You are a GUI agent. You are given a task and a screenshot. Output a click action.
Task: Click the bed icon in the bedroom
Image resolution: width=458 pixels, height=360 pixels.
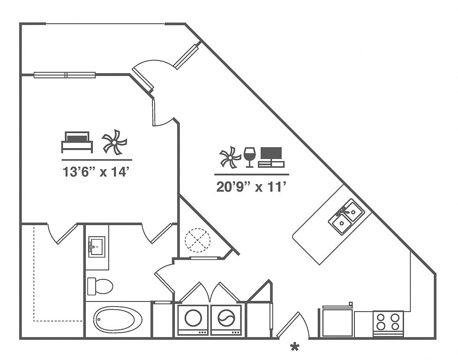coord(77,142)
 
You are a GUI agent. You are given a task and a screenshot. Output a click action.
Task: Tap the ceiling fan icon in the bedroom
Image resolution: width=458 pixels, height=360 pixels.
coord(114,142)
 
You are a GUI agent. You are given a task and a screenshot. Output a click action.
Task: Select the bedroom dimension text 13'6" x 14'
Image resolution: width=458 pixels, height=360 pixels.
coord(96,172)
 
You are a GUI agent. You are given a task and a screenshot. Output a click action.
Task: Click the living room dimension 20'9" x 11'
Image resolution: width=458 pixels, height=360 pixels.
coord(251,187)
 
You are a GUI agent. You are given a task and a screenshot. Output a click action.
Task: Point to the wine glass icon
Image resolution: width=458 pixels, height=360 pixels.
coord(249,157)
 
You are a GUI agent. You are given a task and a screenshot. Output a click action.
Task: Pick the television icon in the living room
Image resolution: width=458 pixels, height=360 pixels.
coord(271,157)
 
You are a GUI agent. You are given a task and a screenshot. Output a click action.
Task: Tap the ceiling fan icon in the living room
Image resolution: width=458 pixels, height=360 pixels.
coord(230,157)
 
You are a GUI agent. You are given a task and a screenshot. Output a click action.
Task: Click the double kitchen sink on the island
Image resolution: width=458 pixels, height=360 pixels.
coord(346,216)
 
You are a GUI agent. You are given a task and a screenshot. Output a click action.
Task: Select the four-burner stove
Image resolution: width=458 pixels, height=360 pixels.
coord(388,323)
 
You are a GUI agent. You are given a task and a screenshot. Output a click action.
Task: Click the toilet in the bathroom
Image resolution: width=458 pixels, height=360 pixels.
coord(100,286)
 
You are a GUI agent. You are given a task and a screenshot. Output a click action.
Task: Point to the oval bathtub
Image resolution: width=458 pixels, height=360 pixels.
coord(118,319)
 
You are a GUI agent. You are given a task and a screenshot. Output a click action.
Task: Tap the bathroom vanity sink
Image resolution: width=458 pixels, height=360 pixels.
coord(97,247)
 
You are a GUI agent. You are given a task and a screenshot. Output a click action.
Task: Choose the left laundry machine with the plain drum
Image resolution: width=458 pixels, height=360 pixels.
coord(193,320)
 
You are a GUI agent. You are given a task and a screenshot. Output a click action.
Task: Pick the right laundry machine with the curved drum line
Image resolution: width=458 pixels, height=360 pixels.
coord(226,320)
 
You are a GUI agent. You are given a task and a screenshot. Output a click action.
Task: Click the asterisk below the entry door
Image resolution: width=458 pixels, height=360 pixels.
coord(295,347)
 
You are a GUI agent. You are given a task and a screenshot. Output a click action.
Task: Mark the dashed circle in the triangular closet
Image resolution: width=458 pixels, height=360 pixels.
coord(197,240)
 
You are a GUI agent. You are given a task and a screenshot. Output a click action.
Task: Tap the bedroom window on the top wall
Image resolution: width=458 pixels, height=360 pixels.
coord(65,75)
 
